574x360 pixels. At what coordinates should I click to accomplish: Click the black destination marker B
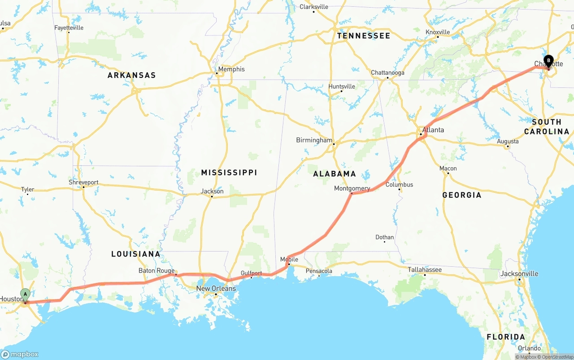(x=548, y=61)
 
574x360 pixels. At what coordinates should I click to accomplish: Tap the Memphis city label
(x=231, y=69)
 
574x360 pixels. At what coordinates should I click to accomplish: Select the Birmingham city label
(x=314, y=140)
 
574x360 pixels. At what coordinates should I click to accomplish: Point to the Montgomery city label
(x=352, y=188)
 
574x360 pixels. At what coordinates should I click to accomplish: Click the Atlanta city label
(x=433, y=130)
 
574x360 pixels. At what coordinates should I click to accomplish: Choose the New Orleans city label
(x=216, y=288)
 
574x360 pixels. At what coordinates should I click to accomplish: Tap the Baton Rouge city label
(x=156, y=270)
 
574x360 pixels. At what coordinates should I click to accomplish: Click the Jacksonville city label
(x=519, y=273)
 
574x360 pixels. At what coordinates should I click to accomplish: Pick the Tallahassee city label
(x=425, y=269)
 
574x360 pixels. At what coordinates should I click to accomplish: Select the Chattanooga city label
(x=387, y=73)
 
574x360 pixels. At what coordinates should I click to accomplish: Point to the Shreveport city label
(x=83, y=182)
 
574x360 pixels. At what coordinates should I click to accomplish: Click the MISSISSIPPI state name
(x=229, y=173)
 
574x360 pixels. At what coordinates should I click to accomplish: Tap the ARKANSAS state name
(x=131, y=75)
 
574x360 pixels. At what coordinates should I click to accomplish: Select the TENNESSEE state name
(x=364, y=35)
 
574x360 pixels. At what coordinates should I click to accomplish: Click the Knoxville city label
(x=438, y=32)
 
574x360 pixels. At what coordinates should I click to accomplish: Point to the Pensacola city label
(x=319, y=271)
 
